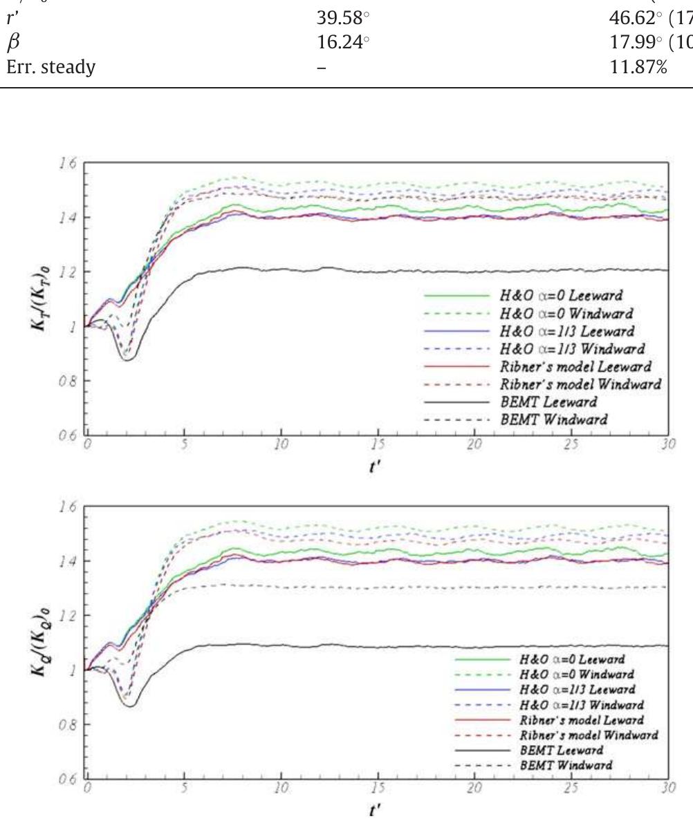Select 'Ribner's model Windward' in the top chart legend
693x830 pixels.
pyautogui.click(x=580, y=384)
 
